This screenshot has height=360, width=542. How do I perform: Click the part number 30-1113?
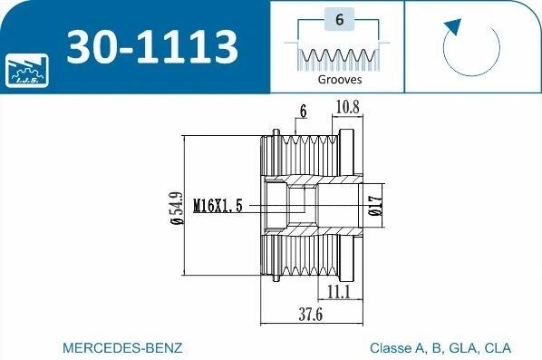152,46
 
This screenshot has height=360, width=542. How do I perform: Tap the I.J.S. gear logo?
27,71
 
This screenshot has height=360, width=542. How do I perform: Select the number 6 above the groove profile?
340,20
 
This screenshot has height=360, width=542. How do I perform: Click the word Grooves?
340,80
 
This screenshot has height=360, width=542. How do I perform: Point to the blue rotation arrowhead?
453,26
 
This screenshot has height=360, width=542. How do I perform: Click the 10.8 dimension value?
348,107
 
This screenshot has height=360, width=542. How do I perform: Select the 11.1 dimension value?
339,291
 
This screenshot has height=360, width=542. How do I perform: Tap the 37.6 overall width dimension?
310,315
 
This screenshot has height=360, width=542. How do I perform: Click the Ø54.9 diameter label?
177,208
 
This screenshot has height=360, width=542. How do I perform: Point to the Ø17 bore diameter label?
376,206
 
